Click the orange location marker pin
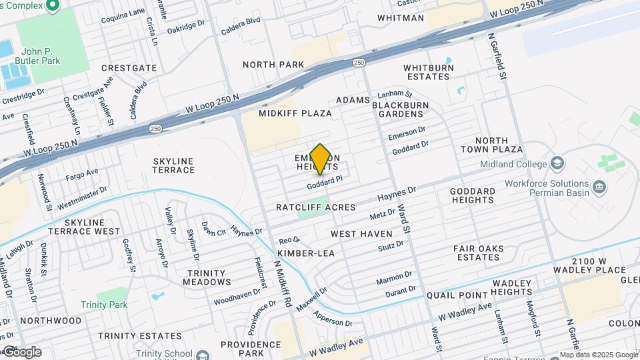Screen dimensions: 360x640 320,159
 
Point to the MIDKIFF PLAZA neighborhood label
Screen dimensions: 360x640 295,113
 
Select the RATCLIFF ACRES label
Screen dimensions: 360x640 316,207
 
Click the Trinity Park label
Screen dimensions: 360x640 104,305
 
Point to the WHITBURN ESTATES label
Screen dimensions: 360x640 428,72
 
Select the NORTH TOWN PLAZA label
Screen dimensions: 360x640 499,145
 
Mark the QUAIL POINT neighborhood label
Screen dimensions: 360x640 458,296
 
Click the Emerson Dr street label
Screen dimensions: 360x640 407,133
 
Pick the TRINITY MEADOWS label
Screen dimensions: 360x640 209,277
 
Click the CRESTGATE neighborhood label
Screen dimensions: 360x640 129,68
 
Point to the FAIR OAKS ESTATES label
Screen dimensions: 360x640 477,253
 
